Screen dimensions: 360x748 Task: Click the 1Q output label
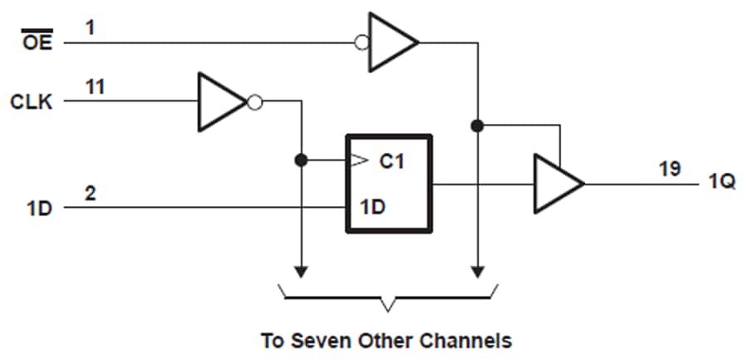point(721,183)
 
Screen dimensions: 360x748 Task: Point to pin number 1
point(89,27)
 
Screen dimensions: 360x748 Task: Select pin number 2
point(90,193)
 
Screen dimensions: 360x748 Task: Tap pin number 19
point(670,169)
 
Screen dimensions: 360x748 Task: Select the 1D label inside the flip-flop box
point(372,205)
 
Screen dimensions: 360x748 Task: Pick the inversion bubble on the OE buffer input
point(362,42)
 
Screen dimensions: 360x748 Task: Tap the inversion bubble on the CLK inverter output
point(256,102)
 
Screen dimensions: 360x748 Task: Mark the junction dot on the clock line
point(301,159)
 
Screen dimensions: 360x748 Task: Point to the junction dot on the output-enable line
point(477,126)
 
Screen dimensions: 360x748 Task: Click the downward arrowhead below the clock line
point(301,271)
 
